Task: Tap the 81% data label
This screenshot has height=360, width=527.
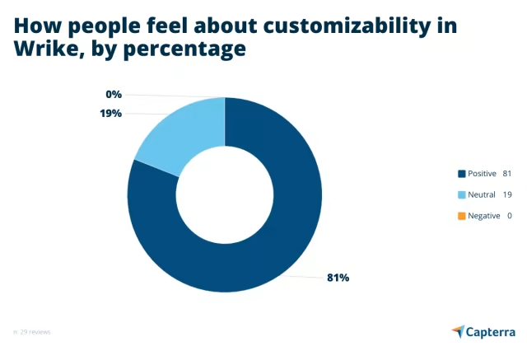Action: click(338, 278)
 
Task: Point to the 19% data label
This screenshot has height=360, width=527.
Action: click(110, 113)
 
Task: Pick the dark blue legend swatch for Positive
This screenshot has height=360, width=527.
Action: click(461, 173)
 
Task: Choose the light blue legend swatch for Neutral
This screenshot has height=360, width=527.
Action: click(461, 194)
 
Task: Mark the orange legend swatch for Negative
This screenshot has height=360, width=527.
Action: click(461, 216)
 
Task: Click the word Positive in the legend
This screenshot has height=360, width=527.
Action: click(482, 173)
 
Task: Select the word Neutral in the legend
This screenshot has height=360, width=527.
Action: click(482, 194)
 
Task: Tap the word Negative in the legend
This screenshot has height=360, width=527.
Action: click(483, 216)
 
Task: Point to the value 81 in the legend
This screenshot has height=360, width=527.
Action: click(507, 173)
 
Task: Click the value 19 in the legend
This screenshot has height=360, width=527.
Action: click(507, 194)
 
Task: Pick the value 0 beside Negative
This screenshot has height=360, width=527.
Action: click(509, 216)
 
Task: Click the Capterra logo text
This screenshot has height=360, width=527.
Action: click(492, 331)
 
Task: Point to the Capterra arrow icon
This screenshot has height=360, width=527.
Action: click(459, 331)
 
